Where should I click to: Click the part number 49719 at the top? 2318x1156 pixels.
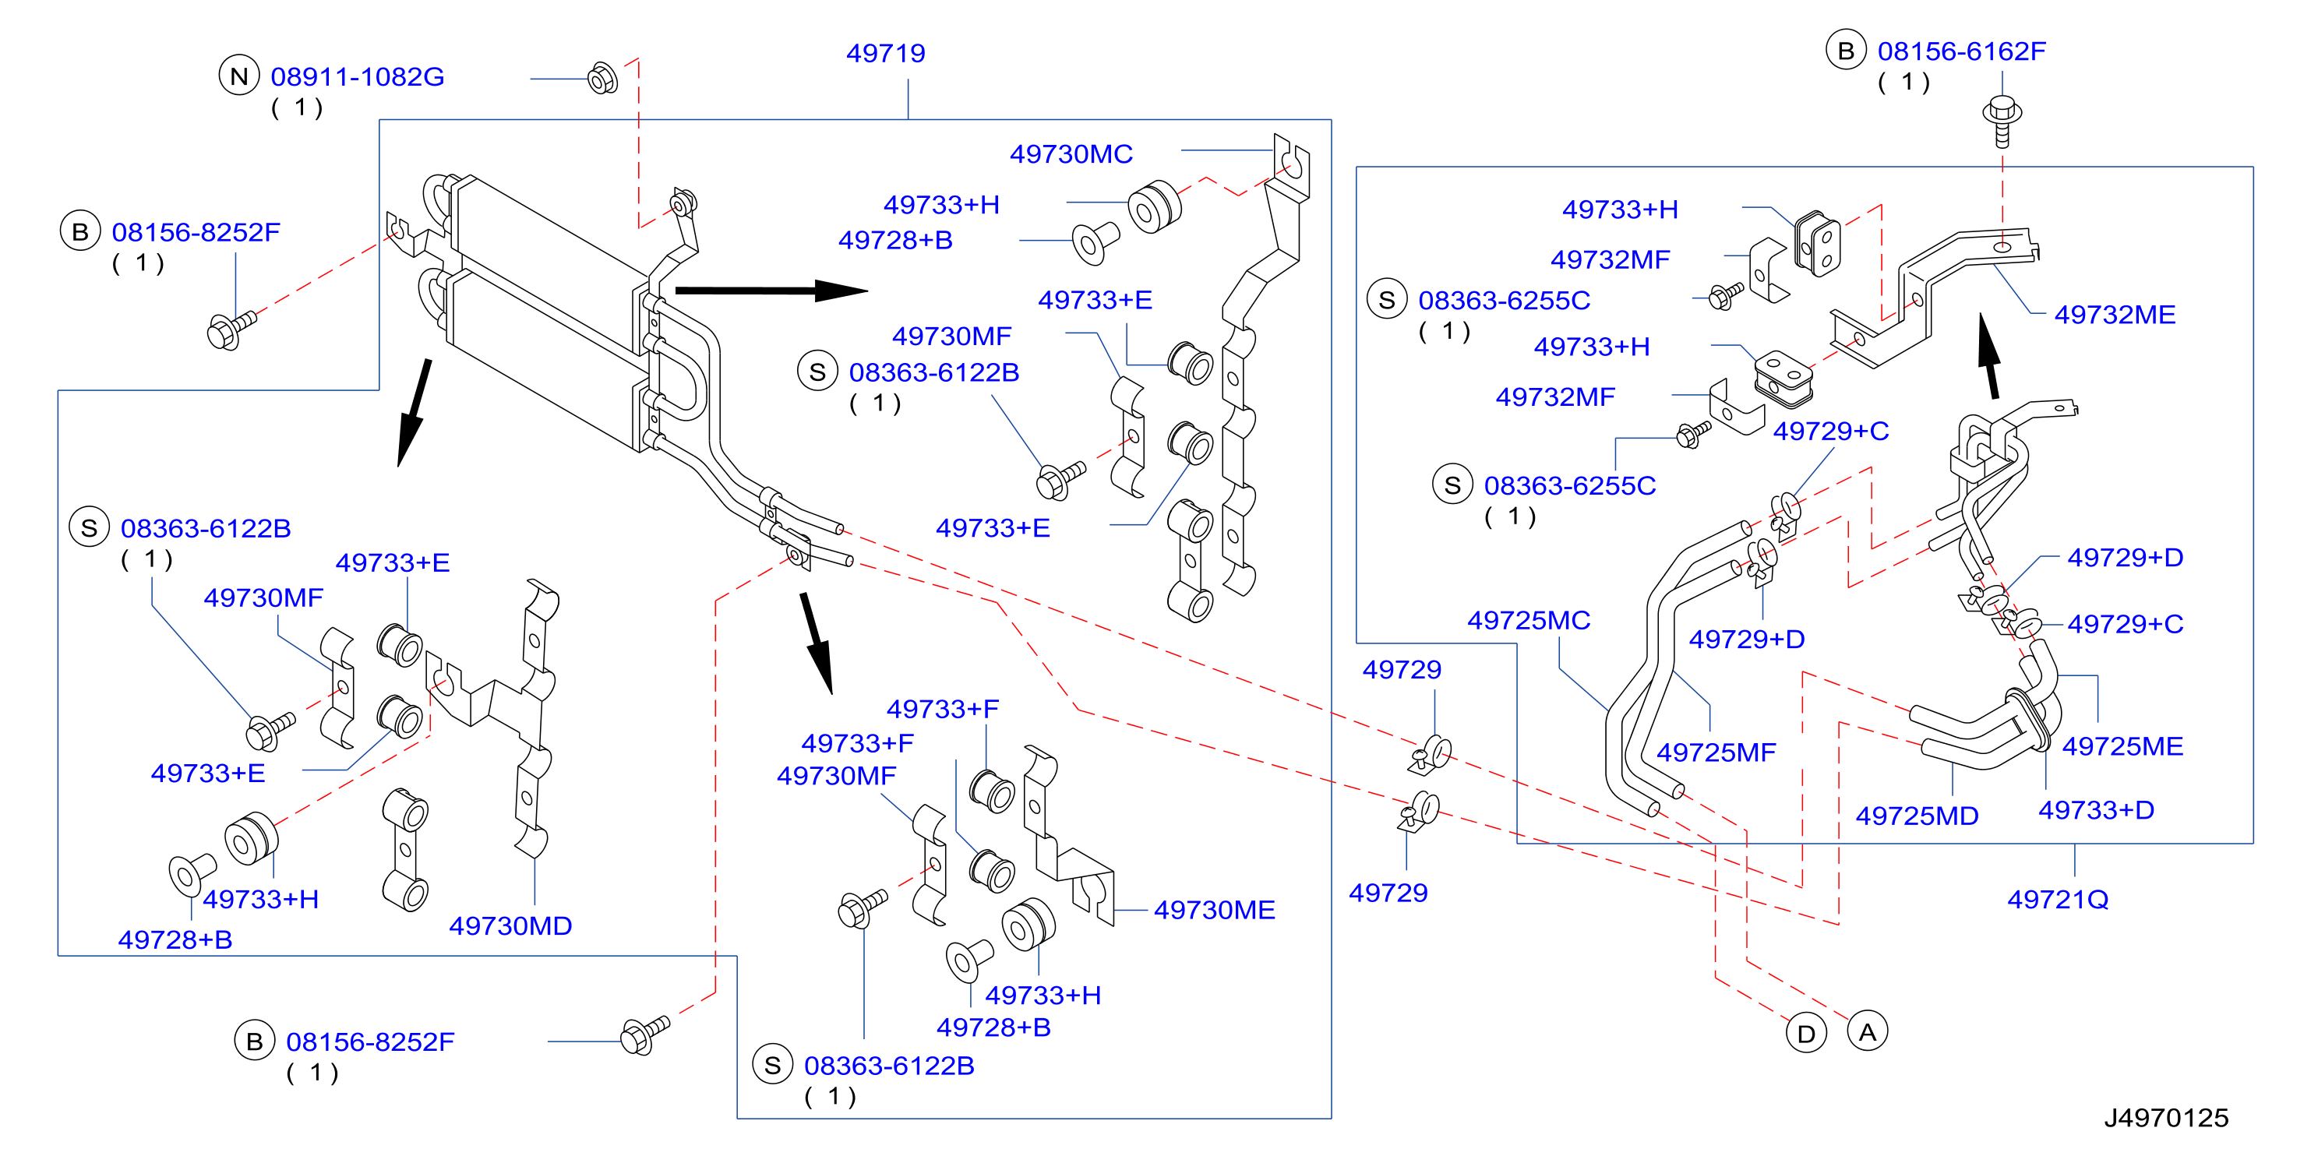[x=885, y=53]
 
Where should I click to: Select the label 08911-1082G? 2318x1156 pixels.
[x=357, y=76]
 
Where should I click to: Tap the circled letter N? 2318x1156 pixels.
[x=239, y=76]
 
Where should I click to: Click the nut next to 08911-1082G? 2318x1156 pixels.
[x=602, y=78]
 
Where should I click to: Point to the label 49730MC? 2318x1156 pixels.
[x=1071, y=153]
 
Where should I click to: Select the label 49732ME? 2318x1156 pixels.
[x=2115, y=314]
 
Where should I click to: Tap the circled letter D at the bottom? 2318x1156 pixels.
[x=1806, y=1034]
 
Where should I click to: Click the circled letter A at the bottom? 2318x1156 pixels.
[x=1867, y=1032]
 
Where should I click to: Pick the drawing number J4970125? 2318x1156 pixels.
[x=2166, y=1117]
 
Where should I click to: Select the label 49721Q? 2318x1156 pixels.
[x=2058, y=899]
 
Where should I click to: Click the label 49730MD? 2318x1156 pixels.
[x=510, y=925]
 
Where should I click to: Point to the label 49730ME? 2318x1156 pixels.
[x=1214, y=910]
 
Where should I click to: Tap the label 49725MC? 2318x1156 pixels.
[x=1529, y=620]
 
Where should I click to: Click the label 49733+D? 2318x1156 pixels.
[x=2096, y=809]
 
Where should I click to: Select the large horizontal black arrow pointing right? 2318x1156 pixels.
[x=771, y=291]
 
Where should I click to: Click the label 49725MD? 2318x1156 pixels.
[x=1917, y=816]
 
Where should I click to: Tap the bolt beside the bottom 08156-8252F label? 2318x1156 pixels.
[x=645, y=1034]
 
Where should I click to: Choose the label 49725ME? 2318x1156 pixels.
[x=2122, y=745]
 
